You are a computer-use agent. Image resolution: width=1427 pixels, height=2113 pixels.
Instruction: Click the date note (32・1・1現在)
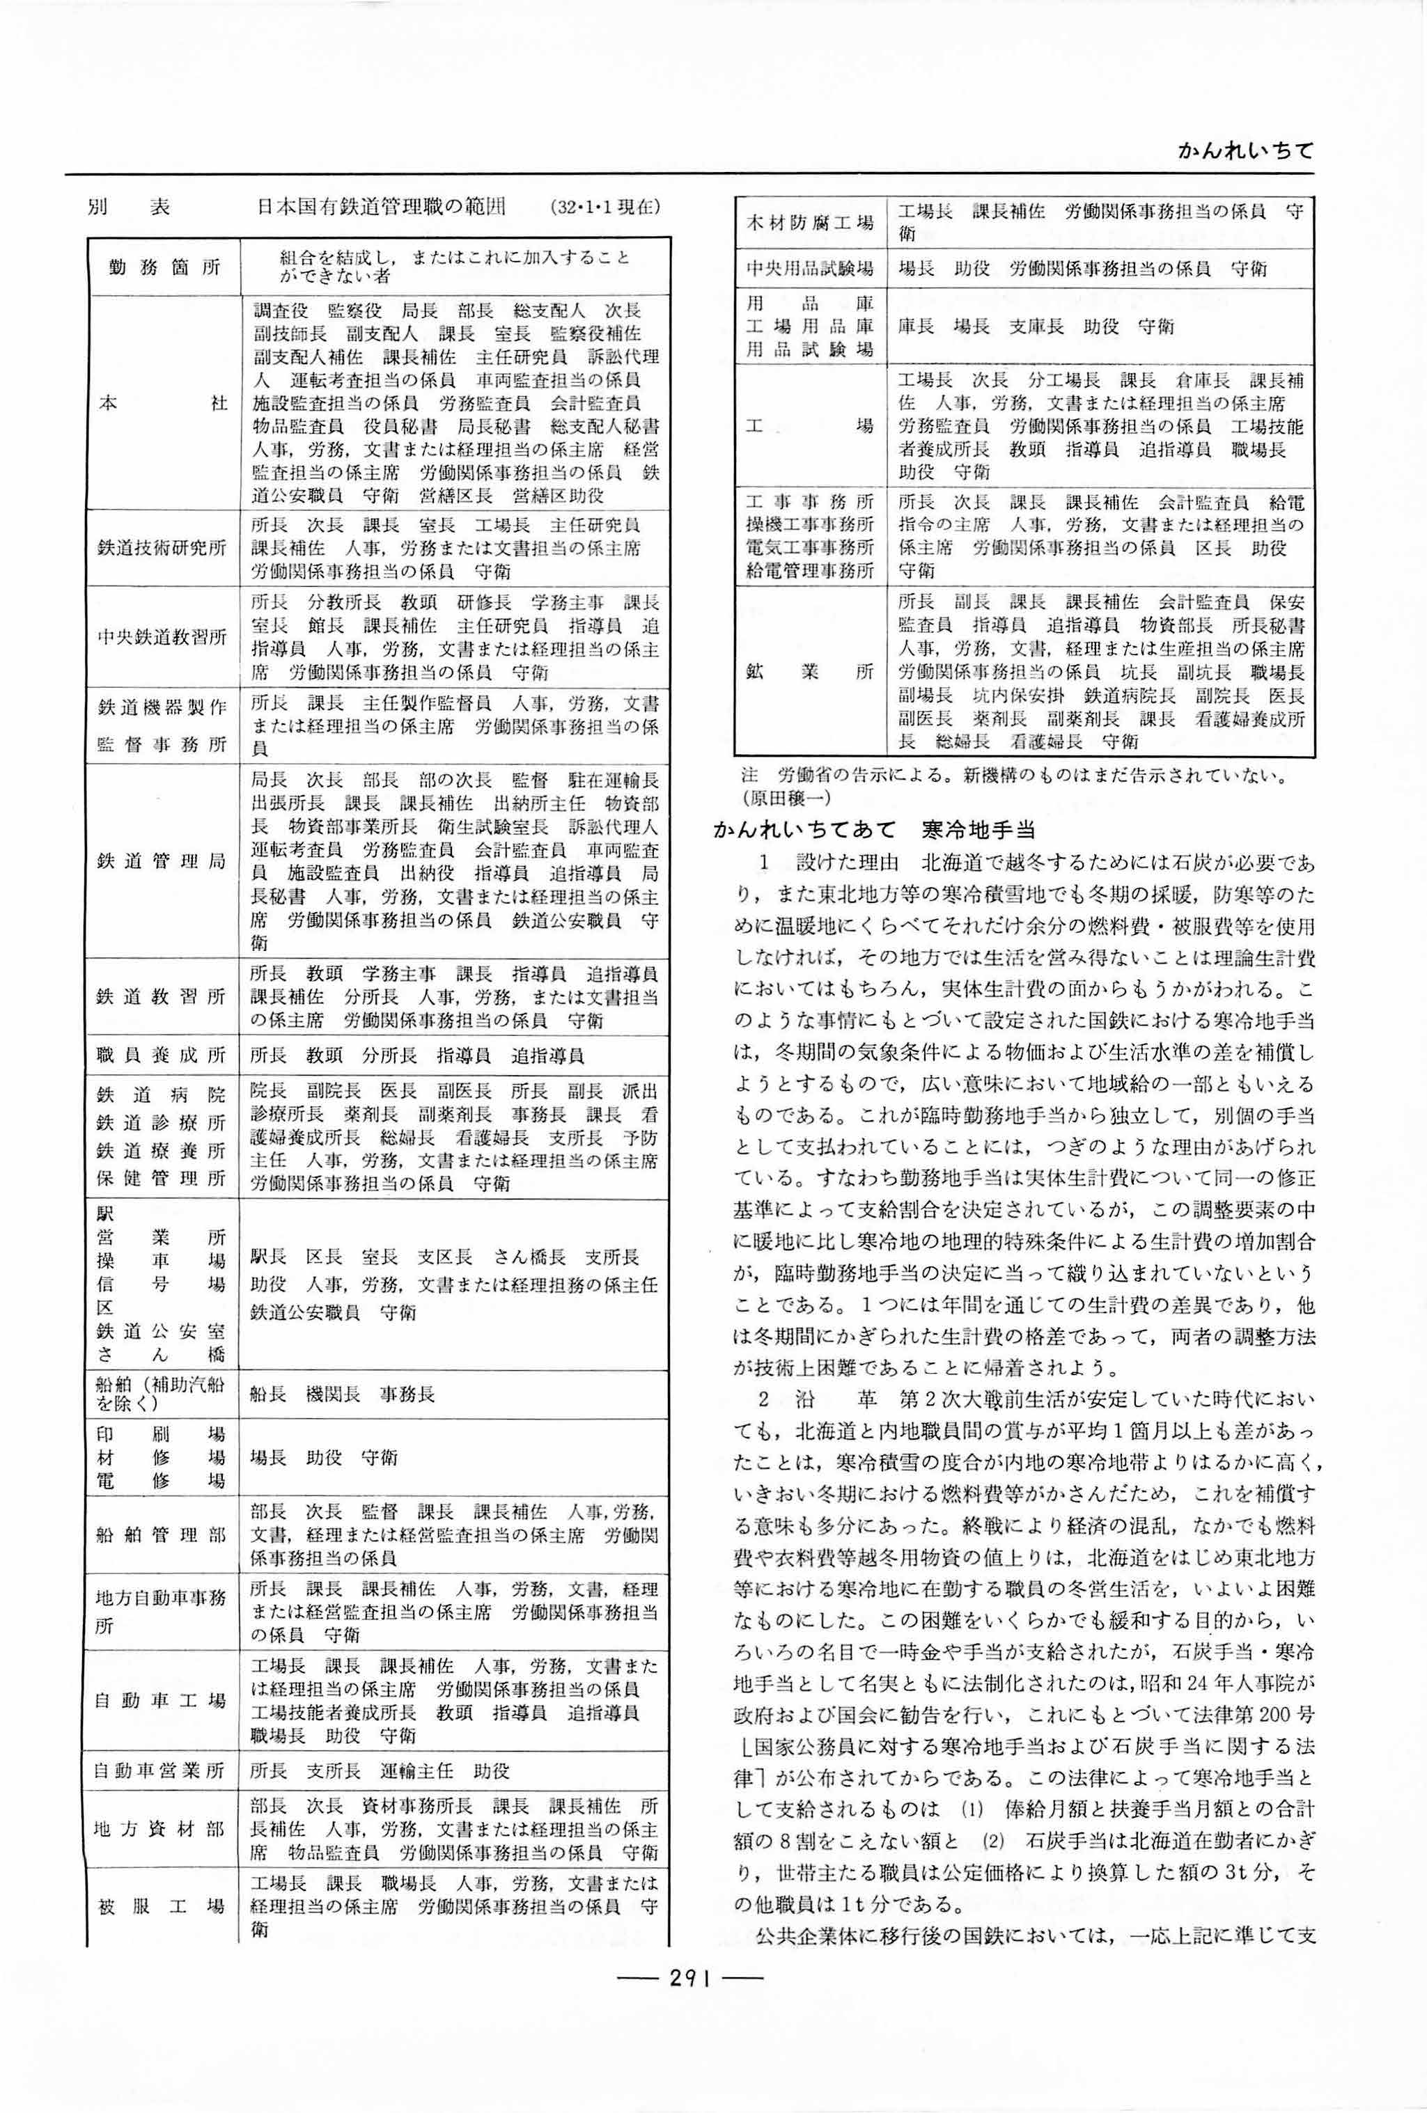605,207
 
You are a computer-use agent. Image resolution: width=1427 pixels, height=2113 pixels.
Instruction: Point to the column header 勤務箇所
164,267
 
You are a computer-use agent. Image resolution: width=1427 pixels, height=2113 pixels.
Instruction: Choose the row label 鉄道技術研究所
162,547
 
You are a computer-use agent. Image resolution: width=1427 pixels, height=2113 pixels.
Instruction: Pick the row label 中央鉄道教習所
162,636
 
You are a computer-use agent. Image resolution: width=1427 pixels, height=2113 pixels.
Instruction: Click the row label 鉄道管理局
162,860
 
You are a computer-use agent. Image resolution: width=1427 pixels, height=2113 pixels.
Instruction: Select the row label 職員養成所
162,1055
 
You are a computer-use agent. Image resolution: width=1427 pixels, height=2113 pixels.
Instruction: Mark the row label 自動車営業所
162,1771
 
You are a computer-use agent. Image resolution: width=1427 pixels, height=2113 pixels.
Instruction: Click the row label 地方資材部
162,1830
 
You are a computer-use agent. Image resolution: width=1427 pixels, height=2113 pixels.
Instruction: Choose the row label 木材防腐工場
809,223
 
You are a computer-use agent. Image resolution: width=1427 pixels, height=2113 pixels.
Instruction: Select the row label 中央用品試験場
809,269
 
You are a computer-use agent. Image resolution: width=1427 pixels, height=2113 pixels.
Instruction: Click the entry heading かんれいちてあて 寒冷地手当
874,829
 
